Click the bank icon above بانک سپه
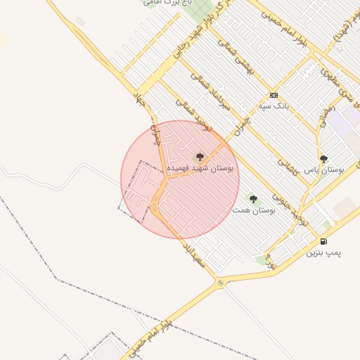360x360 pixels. [x=273, y=96]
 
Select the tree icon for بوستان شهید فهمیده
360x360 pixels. [x=199, y=157]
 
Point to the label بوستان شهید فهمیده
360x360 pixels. [x=205, y=169]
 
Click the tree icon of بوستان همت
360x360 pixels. [x=253, y=199]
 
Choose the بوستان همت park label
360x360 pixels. [x=255, y=210]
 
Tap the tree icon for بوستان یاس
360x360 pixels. [x=323, y=160]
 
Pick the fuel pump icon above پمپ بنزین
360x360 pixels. [x=323, y=241]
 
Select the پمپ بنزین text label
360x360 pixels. [x=323, y=252]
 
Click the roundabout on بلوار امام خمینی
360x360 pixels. [x=221, y=282]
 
